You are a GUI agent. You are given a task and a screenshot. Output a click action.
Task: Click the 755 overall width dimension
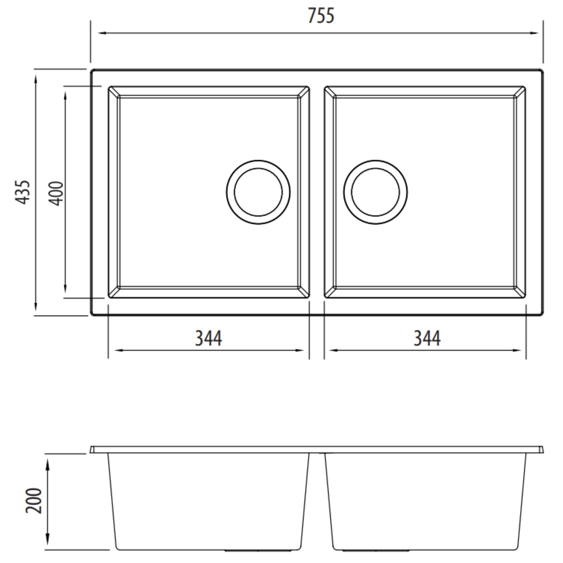[321, 16]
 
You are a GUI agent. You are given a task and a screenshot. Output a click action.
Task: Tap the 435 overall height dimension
[23, 192]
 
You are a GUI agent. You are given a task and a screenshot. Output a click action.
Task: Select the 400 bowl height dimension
[55, 194]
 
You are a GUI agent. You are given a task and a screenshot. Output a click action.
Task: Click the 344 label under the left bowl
[208, 338]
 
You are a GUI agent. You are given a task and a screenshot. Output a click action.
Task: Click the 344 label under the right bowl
[427, 338]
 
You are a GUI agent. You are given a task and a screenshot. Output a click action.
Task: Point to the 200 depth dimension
[34, 501]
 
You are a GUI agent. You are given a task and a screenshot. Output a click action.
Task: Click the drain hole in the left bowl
[258, 192]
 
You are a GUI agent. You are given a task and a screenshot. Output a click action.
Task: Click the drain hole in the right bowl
[375, 192]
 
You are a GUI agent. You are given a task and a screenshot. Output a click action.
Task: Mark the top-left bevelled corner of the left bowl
[114, 92]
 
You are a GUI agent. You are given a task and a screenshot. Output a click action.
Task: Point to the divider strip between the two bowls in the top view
[317, 192]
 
